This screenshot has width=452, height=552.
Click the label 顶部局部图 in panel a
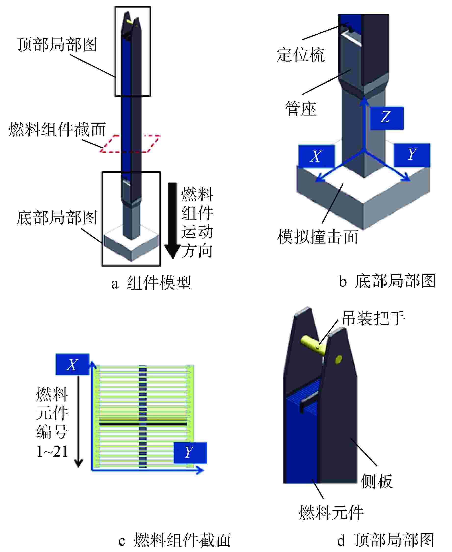click(57, 45)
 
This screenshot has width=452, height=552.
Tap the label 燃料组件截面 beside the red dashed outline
click(57, 129)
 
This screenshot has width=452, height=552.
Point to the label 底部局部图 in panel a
click(57, 218)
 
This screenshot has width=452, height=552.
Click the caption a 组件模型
click(151, 283)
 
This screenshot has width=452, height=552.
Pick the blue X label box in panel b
click(316, 156)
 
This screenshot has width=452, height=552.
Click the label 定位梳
click(300, 55)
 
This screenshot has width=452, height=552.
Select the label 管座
click(301, 109)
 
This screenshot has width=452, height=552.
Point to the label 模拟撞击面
click(317, 237)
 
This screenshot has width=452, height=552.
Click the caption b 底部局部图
click(387, 281)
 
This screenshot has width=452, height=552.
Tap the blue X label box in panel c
click(72, 365)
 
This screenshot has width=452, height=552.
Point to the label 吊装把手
click(374, 319)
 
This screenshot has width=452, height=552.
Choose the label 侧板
click(376, 481)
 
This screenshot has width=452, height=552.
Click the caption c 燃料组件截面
click(175, 540)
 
